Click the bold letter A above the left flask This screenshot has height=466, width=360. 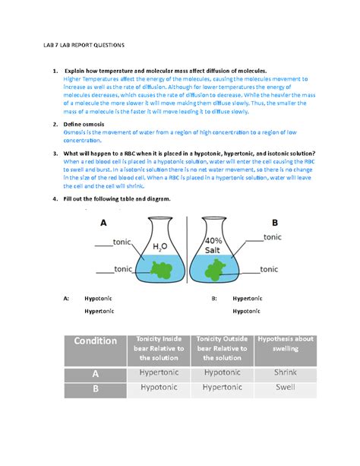104,223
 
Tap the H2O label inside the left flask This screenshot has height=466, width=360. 159,246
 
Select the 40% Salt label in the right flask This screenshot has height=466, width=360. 212,245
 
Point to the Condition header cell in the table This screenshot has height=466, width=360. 96,341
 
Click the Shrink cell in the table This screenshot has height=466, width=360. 286,373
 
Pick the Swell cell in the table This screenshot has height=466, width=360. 286,387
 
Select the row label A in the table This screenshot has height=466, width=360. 96,373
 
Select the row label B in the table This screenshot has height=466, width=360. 96,388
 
